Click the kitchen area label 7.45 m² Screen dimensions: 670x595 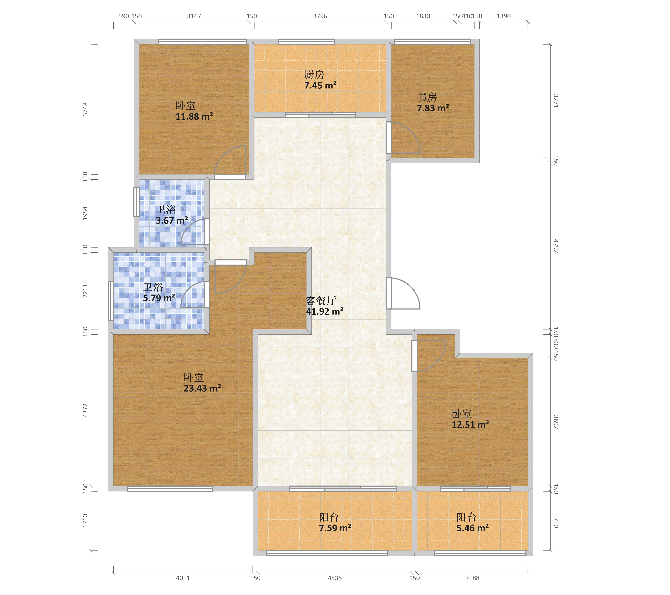coord(320,86)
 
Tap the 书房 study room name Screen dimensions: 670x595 coord(427,97)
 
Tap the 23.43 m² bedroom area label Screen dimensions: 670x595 coord(202,388)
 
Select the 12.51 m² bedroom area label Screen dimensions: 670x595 coord(470,425)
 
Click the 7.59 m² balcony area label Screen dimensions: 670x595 coord(335,528)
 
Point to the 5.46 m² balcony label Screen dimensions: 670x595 coord(473,528)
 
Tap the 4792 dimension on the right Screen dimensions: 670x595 coord(556,246)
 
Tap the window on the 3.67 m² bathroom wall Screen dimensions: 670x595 coord(136,202)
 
